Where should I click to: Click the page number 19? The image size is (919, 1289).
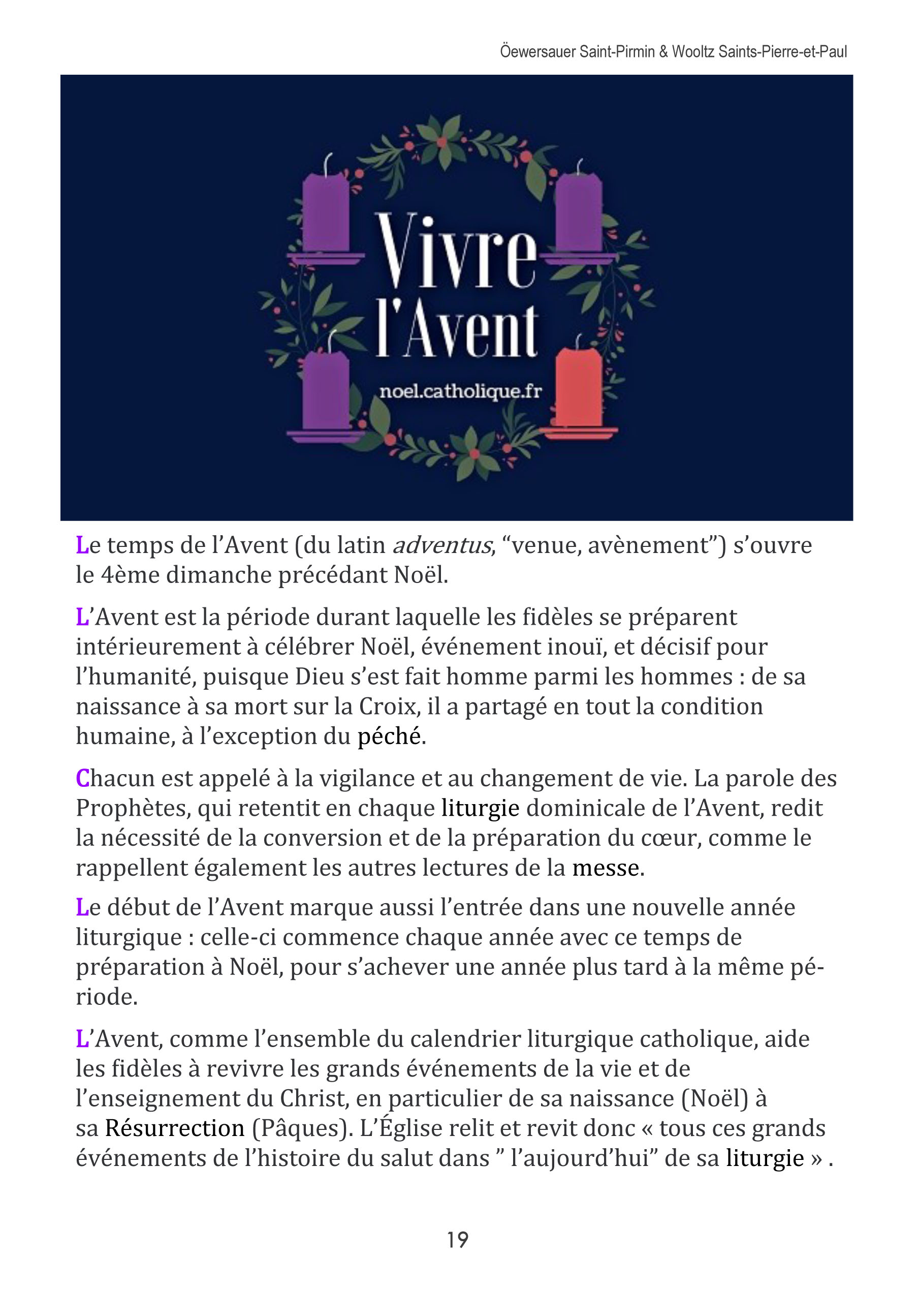pos(457,1239)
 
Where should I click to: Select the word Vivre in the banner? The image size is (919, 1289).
pos(456,252)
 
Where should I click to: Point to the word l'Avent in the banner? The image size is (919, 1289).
pos(457,331)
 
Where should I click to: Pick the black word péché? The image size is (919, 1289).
pos(389,736)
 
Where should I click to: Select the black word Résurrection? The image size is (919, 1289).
pos(175,1128)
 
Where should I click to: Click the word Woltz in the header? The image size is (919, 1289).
pos(693,52)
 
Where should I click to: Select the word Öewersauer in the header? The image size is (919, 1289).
pos(537,52)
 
